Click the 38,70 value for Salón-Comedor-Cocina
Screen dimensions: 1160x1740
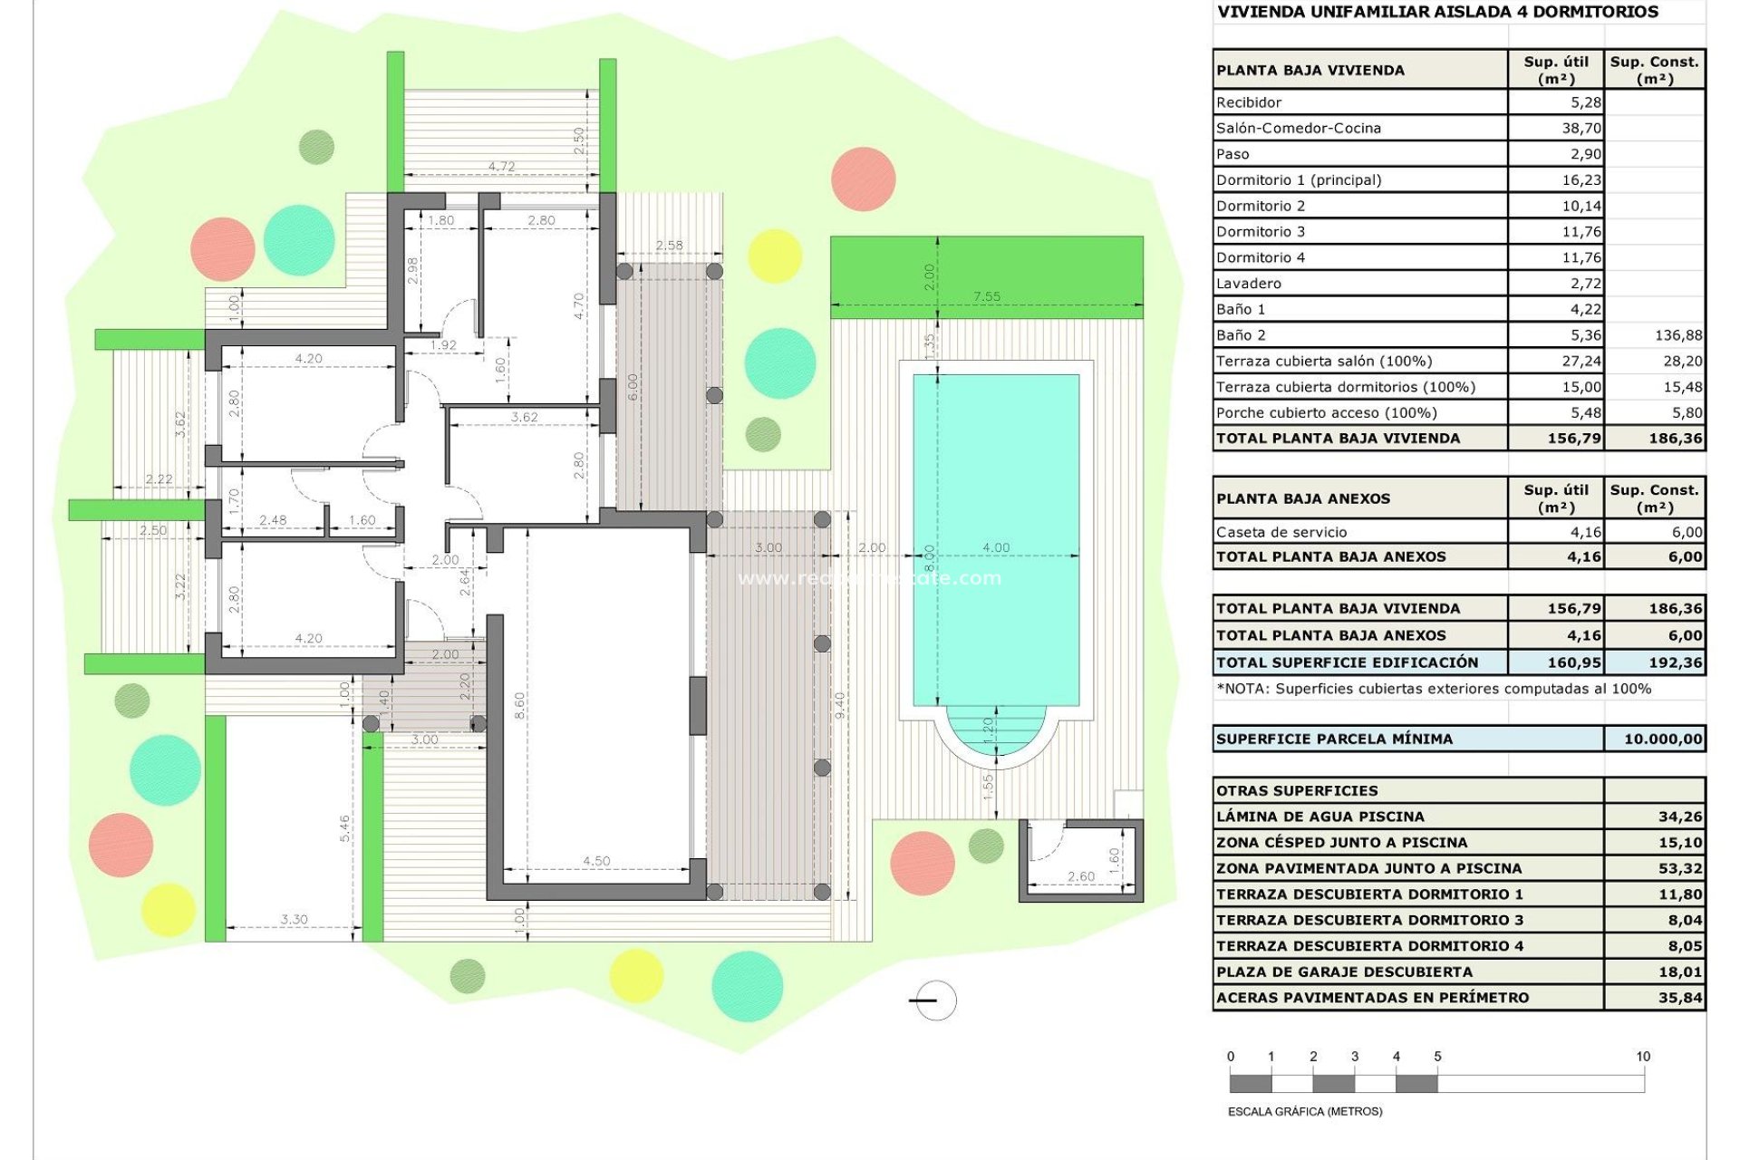(x=1580, y=128)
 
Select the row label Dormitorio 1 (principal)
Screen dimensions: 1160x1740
(x=1298, y=179)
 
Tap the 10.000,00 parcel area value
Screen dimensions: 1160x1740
(x=1662, y=739)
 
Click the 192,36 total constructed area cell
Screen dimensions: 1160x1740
(x=1675, y=662)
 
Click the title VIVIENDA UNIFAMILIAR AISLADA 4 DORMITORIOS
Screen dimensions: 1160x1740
(x=1437, y=12)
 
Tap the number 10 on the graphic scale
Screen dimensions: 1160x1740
(x=1642, y=1056)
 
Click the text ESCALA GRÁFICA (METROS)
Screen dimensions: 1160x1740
(x=1304, y=1111)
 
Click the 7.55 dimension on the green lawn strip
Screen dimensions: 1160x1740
(x=986, y=296)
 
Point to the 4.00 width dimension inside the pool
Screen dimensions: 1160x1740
(x=995, y=547)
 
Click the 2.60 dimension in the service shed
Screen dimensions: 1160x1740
(x=1080, y=876)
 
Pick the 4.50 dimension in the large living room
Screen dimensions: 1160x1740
(x=595, y=861)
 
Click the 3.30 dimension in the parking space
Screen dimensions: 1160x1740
(x=294, y=919)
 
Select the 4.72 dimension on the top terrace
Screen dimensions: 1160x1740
(x=501, y=166)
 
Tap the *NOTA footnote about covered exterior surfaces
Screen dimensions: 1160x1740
(x=1433, y=689)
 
